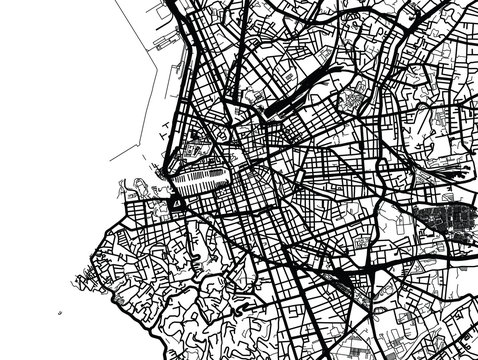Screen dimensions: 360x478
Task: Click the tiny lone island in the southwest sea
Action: coord(59,310)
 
